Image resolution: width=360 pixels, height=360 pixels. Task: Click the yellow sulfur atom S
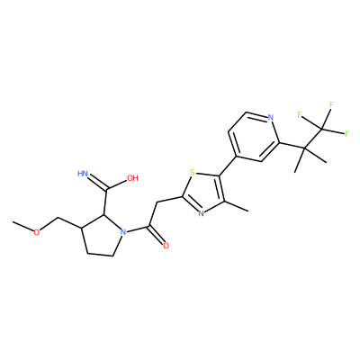coord(193,173)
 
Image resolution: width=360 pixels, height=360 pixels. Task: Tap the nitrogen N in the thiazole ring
coord(201,213)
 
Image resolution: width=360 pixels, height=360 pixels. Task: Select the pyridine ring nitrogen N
coord(271,117)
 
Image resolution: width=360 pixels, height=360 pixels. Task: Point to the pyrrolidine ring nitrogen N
coord(122,232)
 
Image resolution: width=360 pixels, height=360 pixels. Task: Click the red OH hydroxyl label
coord(132,178)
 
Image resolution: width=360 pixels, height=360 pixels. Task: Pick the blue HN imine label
coord(83,174)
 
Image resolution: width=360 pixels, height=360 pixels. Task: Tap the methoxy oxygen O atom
coord(36,232)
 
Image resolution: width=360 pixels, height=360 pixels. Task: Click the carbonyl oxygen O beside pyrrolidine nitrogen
coord(166,246)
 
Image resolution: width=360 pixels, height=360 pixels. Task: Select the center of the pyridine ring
coord(253,137)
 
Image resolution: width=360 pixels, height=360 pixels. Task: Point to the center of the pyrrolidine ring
coord(100,236)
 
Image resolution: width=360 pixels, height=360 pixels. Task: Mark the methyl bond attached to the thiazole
coord(236,206)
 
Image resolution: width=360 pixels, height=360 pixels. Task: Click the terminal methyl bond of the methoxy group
coord(22,227)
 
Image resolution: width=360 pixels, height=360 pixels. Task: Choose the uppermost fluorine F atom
coord(331,104)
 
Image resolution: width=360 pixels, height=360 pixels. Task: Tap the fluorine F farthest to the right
coord(346,134)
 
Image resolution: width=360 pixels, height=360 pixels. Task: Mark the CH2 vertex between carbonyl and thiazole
coord(157,202)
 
